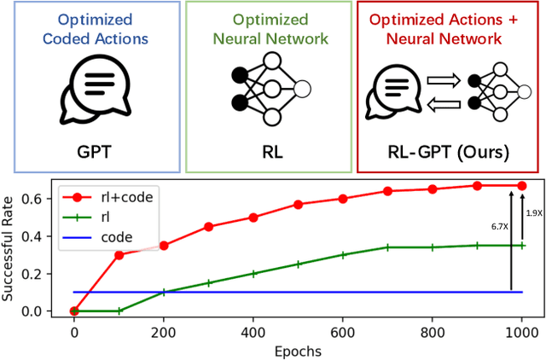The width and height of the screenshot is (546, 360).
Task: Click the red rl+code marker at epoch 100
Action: (119, 255)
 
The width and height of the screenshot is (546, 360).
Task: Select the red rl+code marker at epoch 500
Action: (298, 205)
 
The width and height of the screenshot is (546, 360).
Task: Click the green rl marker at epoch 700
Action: (387, 247)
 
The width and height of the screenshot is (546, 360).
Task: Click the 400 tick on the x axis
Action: (253, 328)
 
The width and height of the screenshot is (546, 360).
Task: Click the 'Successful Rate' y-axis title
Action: (12, 247)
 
